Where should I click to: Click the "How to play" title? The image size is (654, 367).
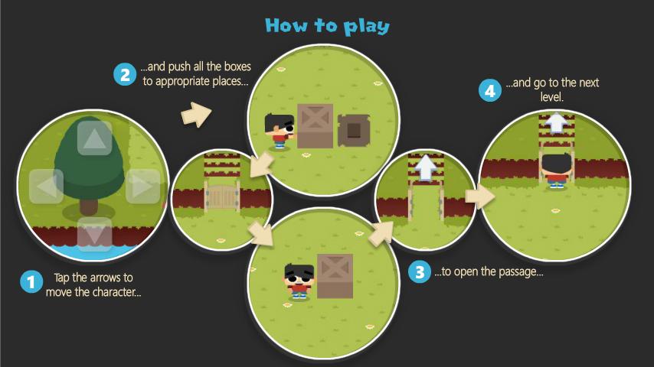tap(328, 26)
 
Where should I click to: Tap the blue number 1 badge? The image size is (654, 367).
tap(31, 282)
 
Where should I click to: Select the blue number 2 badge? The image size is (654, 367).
tap(125, 74)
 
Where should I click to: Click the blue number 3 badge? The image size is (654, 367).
tap(419, 271)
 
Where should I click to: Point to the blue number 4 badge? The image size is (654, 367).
tap(489, 90)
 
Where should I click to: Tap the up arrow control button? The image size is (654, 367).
tap(94, 138)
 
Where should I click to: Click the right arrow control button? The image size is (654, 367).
tap(142, 187)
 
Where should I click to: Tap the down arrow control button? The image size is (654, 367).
tap(94, 234)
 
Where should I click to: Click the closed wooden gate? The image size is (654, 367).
tap(222, 197)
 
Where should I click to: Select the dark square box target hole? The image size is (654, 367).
tap(354, 130)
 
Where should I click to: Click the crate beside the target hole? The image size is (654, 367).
tap(315, 126)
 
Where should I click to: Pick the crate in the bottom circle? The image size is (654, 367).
tap(335, 276)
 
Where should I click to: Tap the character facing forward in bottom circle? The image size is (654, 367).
tap(299, 281)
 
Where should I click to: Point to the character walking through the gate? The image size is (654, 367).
tap(555, 171)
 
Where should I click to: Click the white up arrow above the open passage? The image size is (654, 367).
tap(426, 167)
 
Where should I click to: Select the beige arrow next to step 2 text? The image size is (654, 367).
tap(197, 114)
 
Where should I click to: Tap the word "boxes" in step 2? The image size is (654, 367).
tap(237, 67)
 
